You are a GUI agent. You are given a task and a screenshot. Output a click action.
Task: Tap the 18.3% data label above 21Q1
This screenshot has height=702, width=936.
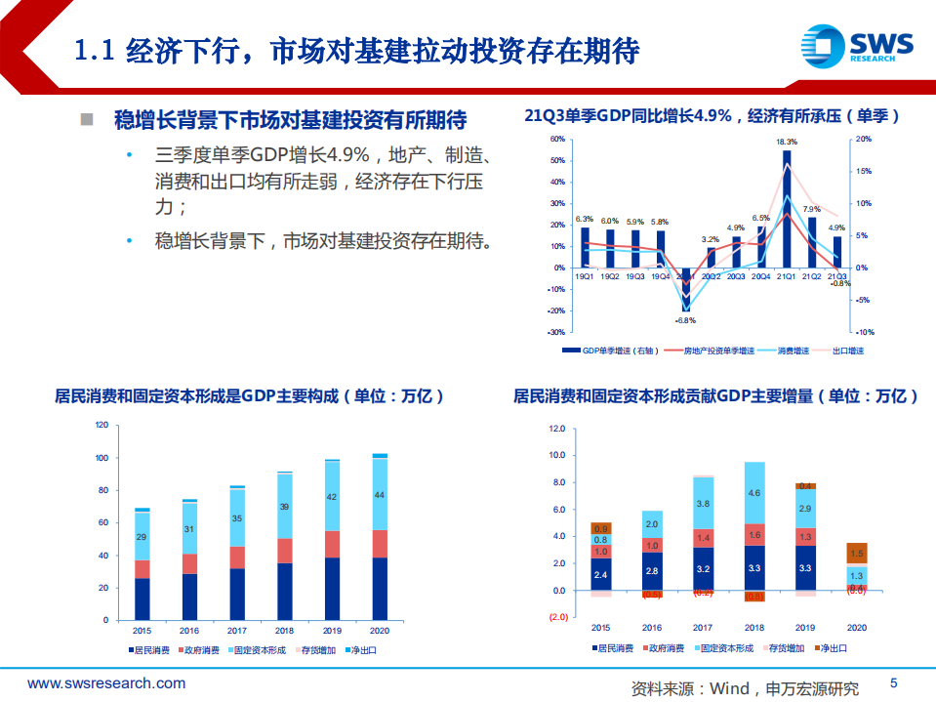pos(787,143)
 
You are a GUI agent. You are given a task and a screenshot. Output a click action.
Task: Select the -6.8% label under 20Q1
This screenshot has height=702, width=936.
pos(685,320)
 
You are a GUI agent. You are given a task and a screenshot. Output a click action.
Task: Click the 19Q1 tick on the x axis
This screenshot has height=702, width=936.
pos(585,277)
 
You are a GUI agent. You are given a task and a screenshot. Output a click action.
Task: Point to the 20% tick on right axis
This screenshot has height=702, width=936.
pos(863,139)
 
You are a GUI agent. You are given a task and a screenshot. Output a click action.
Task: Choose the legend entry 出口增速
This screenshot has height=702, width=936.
pos(846,351)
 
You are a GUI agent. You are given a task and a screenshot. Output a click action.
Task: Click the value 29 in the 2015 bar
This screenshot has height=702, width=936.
pos(142,538)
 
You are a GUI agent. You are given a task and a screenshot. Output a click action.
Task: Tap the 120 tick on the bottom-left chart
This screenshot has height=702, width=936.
pos(102,426)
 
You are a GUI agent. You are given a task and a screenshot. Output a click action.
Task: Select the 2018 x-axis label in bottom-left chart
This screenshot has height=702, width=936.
pos(284,630)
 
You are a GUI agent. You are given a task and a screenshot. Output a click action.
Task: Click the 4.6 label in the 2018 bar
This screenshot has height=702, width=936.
pos(753,494)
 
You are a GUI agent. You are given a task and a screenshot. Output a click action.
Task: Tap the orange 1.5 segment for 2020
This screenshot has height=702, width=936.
pos(856,555)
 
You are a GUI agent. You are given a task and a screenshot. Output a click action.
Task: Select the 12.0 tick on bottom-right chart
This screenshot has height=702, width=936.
pos(557,429)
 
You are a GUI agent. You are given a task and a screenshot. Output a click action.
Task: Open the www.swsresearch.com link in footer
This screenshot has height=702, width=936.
pos(106,684)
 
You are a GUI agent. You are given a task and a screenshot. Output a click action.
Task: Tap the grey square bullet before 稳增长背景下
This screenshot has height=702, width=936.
pos(87,120)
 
